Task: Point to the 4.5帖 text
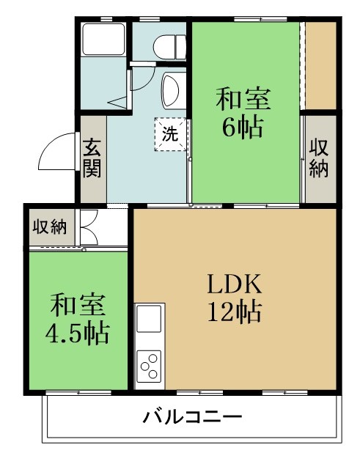(77, 334)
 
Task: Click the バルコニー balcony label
(192, 419)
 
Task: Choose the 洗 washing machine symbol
(169, 134)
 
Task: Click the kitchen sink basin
(150, 320)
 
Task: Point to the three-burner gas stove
(150, 364)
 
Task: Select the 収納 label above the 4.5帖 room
(48, 227)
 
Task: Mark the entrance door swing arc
(57, 152)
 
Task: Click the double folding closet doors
(89, 227)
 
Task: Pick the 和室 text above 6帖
(243, 97)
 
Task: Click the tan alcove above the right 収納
(320, 66)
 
